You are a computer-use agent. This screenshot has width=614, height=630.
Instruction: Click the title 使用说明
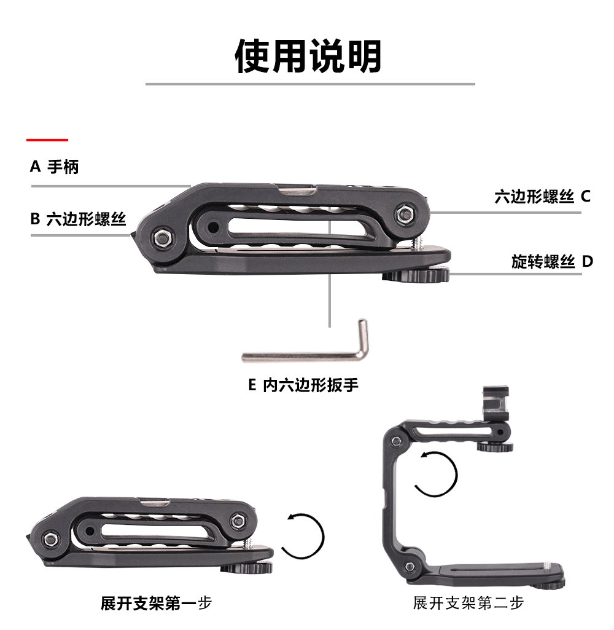pyautogui.click(x=309, y=56)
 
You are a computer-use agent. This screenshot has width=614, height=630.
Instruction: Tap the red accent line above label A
pyautogui.click(x=47, y=140)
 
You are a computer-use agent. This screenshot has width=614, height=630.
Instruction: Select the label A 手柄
pyautogui.click(x=55, y=167)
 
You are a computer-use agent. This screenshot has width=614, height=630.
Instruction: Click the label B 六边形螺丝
pyautogui.click(x=78, y=219)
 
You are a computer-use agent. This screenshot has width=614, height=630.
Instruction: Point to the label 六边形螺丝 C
pyautogui.click(x=542, y=197)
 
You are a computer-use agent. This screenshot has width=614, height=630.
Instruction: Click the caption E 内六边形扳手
pyautogui.click(x=303, y=385)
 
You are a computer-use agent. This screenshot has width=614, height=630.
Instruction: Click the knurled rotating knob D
pyautogui.click(x=416, y=276)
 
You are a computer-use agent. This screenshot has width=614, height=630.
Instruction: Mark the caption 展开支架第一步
pyautogui.click(x=156, y=603)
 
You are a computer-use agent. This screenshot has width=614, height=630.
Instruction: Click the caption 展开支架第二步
pyautogui.click(x=468, y=603)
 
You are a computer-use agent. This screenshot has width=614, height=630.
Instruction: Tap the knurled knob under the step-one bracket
pyautogui.click(x=247, y=568)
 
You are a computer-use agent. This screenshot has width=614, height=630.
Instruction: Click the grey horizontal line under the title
pyautogui.click(x=309, y=84)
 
